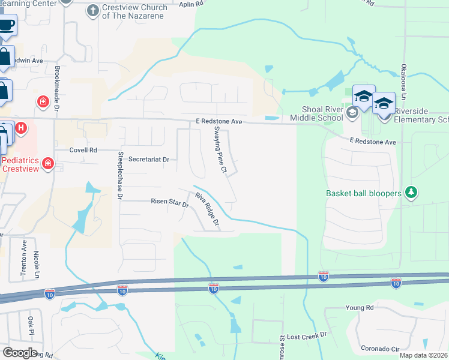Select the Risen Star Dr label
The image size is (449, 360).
pyautogui.click(x=170, y=204)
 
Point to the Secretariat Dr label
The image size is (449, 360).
pyautogui.click(x=149, y=160)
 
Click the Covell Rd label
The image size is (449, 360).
pyautogui.click(x=83, y=150)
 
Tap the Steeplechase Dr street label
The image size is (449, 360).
pyautogui.click(x=120, y=175)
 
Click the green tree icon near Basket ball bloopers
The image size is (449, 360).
pyautogui.click(x=411, y=193)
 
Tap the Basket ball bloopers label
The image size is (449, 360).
pyautogui.click(x=364, y=193)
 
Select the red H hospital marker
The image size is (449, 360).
pyautogui.click(x=20, y=128)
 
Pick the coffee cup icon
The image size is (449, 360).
pyautogui.click(x=7, y=25)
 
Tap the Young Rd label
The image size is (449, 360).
pyautogui.click(x=359, y=308)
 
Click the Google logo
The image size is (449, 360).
pyautogui.click(x=20, y=353)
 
